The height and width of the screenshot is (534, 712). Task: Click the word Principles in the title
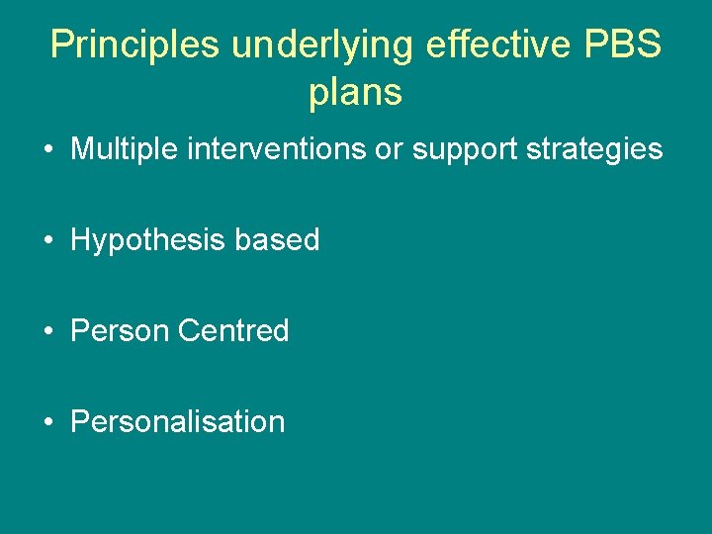tap(134, 44)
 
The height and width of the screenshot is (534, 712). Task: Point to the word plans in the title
tap(355, 92)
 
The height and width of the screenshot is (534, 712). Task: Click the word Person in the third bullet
tap(120, 330)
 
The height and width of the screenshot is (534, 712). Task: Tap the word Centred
tap(233, 330)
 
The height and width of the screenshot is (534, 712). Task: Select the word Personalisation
tap(178, 421)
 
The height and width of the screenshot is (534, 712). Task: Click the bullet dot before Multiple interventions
tap(47, 150)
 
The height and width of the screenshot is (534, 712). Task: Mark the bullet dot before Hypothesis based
tap(47, 240)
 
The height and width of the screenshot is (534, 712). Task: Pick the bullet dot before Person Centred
tap(47, 331)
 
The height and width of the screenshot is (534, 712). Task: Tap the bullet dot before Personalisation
tap(47, 422)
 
